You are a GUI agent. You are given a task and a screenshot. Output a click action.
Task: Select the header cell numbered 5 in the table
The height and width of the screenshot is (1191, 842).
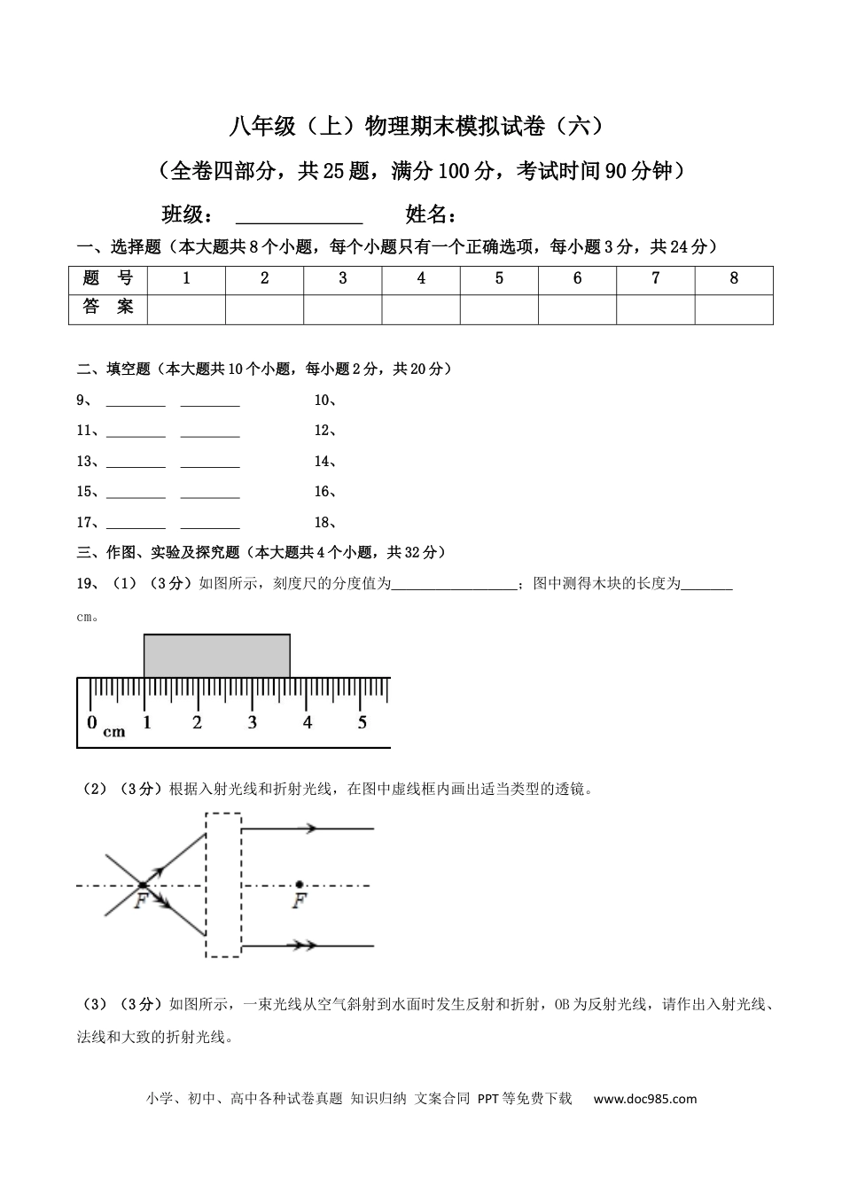tap(499, 279)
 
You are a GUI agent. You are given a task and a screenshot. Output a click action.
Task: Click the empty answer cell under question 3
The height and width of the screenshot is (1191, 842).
tap(343, 309)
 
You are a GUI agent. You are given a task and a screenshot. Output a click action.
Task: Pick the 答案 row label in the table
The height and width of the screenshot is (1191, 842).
tap(108, 308)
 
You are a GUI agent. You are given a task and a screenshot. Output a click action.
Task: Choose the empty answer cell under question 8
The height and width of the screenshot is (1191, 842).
tap(734, 309)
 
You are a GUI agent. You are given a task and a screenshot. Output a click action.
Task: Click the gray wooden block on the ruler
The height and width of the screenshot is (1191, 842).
tap(216, 656)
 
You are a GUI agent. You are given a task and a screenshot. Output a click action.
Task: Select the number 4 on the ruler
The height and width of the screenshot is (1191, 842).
tap(308, 723)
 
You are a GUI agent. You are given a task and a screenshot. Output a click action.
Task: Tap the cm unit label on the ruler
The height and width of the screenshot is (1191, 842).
tap(114, 732)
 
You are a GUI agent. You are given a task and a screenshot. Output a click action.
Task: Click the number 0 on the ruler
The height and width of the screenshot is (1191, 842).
tap(92, 723)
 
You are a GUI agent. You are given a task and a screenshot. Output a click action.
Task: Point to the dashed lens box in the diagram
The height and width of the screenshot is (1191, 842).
tap(222, 884)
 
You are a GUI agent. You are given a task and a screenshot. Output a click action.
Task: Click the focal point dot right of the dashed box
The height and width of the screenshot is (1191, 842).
tap(300, 884)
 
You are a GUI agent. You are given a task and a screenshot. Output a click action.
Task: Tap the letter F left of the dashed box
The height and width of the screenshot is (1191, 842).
tap(140, 901)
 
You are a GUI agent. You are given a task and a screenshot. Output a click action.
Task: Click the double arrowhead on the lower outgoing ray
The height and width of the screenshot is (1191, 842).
tap(306, 946)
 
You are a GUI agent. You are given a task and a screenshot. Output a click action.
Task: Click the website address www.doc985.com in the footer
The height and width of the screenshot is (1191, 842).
tap(644, 1099)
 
